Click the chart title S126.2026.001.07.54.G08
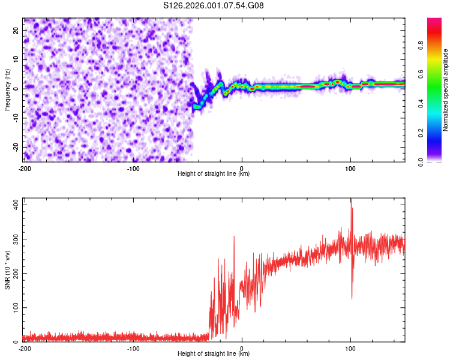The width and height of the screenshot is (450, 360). click(x=214, y=6)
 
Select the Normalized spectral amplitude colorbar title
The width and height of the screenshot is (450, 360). click(x=446, y=89)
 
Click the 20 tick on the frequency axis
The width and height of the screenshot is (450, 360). click(x=16, y=30)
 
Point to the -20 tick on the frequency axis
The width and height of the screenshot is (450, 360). click(x=15, y=148)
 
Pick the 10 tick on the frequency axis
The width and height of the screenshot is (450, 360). click(x=16, y=59)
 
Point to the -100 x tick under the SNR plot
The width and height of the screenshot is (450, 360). click(x=133, y=348)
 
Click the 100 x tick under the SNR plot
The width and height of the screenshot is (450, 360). click(x=350, y=348)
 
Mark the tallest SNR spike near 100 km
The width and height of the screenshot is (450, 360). click(x=351, y=200)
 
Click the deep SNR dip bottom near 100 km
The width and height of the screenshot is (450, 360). click(x=352, y=298)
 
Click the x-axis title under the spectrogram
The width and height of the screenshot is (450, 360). click(x=214, y=174)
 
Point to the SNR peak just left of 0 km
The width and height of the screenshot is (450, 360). click(x=234, y=236)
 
